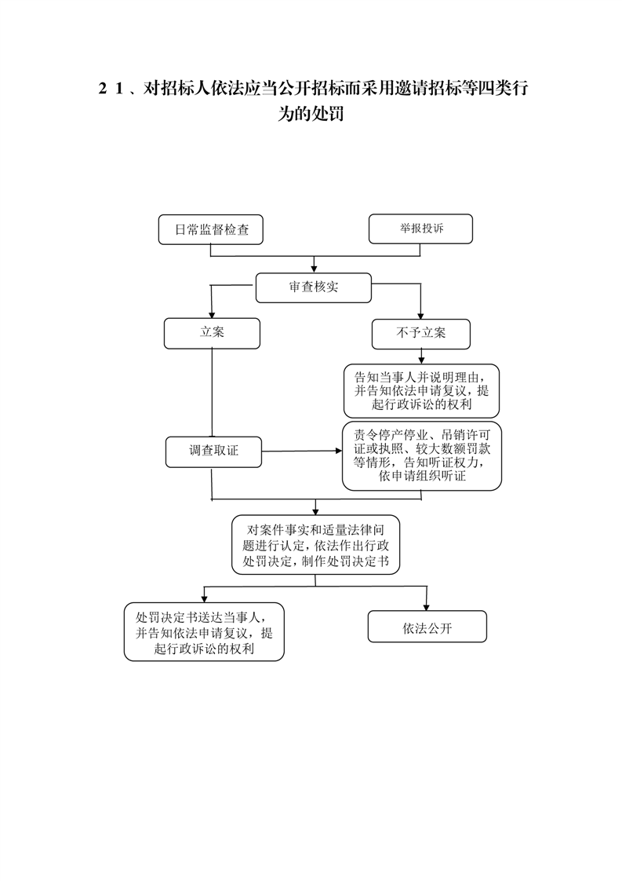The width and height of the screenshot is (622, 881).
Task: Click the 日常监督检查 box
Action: (210, 229)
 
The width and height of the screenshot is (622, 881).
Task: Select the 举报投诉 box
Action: (420, 228)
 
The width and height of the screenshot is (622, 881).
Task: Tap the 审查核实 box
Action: (313, 287)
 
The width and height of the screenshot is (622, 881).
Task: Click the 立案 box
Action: (212, 333)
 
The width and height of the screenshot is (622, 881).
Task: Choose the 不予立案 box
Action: (420, 334)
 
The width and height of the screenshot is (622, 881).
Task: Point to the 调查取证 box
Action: (213, 451)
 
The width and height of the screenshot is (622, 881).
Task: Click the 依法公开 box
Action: (427, 627)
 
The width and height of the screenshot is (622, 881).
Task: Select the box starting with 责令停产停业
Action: (421, 455)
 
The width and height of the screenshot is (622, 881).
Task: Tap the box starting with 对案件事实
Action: (315, 544)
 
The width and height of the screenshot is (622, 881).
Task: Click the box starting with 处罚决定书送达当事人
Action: (204, 631)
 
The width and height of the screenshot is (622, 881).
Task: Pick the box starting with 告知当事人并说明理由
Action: (421, 390)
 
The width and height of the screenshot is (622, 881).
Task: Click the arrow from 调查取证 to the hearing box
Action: (302, 451)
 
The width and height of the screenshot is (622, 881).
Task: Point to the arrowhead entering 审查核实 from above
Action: (314, 269)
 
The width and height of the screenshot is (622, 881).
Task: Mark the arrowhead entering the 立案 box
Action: (212, 314)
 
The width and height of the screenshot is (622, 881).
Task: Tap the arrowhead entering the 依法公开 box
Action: (427, 607)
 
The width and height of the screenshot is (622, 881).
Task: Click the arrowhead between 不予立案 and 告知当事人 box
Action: (421, 360)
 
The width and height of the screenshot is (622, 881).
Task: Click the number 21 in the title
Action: (111, 88)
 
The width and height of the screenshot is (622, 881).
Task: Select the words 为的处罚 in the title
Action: (311, 114)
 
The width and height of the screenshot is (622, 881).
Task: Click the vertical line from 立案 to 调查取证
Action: (212, 393)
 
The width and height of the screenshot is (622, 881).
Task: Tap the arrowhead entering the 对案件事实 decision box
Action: (315, 510)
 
